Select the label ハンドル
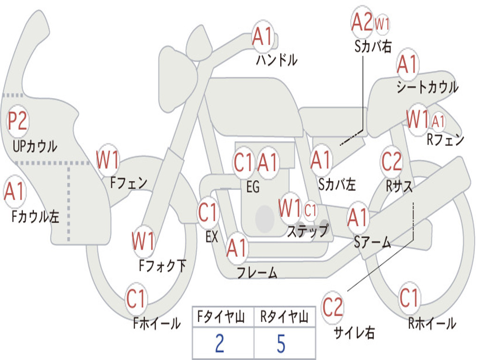pyautogui.click(x=277, y=60)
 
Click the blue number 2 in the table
pyautogui.click(x=220, y=344)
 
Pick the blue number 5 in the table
pyautogui.click(x=281, y=344)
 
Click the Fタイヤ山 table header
pyautogui.click(x=221, y=317)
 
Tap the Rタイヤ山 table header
pyautogui.click(x=284, y=317)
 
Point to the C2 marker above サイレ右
pyautogui.click(x=333, y=307)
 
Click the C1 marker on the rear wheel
pyautogui.click(x=409, y=298)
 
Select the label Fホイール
pyautogui.click(x=157, y=323)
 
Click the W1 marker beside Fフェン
pyautogui.click(x=107, y=160)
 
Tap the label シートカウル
pyautogui.click(x=427, y=87)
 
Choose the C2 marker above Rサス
pyautogui.click(x=391, y=161)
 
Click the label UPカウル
pyautogui.click(x=35, y=146)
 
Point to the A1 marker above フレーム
pyautogui.click(x=236, y=248)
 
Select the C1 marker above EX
pyautogui.click(x=208, y=212)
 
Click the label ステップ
pyautogui.click(x=307, y=231)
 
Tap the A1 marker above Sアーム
pyautogui.click(x=357, y=217)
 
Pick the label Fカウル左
pyautogui.click(x=35, y=217)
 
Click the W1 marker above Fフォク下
pyautogui.click(x=143, y=241)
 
